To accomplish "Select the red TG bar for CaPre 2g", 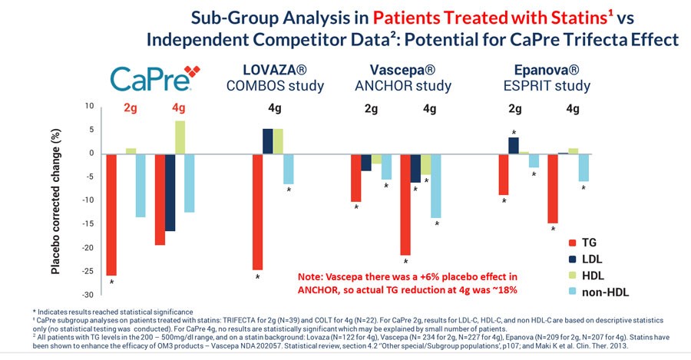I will tap(111, 214).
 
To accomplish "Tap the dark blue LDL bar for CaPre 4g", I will tap(170, 192).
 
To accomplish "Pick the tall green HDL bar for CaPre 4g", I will tap(180, 137).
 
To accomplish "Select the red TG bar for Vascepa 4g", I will tap(405, 204).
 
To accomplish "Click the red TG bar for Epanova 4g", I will tap(553, 188).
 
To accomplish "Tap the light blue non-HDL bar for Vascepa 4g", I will tap(436, 186).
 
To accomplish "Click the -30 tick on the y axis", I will tap(88, 295).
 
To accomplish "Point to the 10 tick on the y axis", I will tap(90, 106).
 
